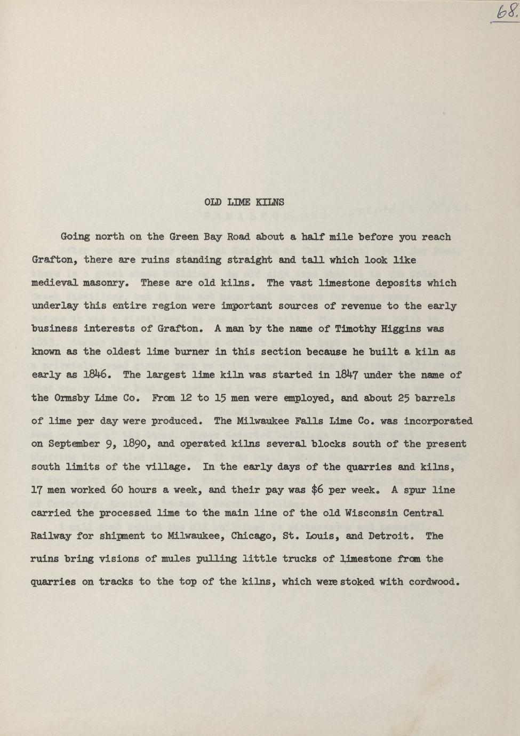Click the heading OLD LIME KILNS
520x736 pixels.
point(244,202)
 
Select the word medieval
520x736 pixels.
point(54,283)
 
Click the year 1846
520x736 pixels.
point(97,374)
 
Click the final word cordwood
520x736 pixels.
point(434,582)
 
